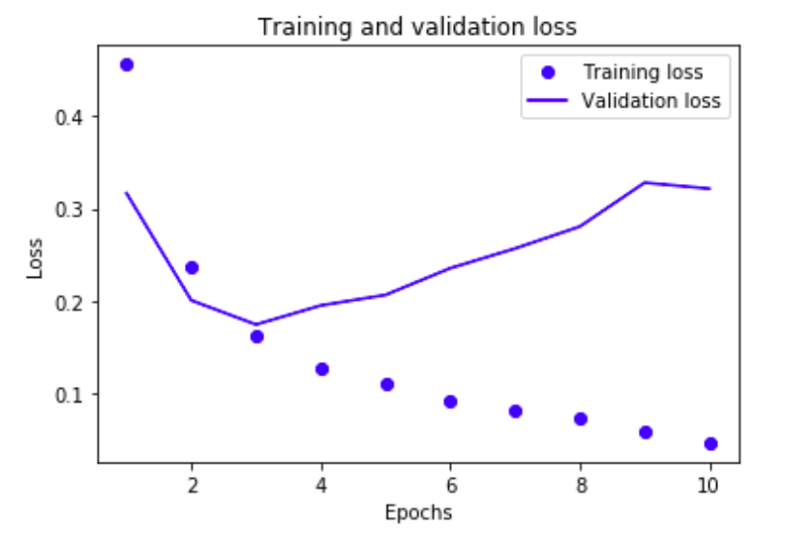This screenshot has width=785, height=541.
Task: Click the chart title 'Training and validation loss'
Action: coord(417,27)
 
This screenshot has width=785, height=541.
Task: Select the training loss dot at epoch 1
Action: coord(127,65)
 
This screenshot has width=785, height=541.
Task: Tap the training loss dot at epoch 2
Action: coord(192,267)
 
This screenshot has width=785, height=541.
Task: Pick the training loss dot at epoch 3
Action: coord(257,337)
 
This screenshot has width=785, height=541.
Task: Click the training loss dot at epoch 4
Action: coord(321,369)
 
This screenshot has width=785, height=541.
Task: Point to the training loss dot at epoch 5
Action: coord(386,384)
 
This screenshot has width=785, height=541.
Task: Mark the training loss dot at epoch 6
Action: coord(451,402)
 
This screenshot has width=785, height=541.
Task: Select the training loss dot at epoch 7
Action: coord(516,411)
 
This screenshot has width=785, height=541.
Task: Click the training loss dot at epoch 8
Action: coord(581,419)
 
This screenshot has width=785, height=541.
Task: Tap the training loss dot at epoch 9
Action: coord(646,433)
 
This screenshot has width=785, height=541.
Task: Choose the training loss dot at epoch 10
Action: coord(710,444)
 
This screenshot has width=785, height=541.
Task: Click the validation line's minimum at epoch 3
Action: coord(257,324)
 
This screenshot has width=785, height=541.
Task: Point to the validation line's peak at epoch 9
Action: coord(646,182)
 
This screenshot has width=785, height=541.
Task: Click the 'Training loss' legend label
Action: coord(643,73)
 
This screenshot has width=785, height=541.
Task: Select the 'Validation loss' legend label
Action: coord(651,101)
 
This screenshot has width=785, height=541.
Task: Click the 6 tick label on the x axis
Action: coord(451,483)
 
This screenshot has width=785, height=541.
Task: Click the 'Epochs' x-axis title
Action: coord(418,511)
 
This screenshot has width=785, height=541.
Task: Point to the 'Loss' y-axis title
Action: coord(36,259)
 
